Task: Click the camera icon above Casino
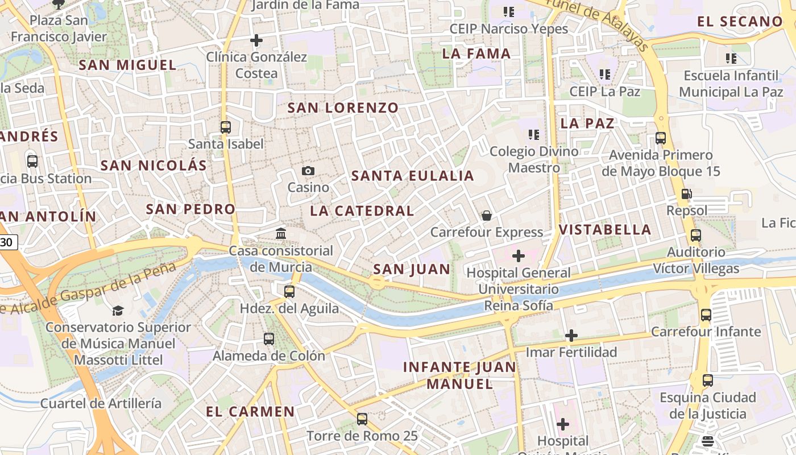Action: click(308, 171)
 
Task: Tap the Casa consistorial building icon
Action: click(280, 233)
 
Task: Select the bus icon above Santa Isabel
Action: click(226, 127)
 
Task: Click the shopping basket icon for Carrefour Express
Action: click(487, 215)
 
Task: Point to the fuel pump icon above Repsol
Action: click(687, 194)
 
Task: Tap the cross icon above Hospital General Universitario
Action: click(519, 256)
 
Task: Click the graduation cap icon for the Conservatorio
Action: click(118, 311)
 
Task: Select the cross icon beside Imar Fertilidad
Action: click(571, 336)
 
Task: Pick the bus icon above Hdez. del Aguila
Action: click(289, 292)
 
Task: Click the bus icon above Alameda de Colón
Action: click(269, 339)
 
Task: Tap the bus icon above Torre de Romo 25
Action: click(362, 419)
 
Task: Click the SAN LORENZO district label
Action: click(343, 107)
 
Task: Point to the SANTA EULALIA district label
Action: click(413, 176)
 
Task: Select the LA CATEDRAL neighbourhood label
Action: click(362, 211)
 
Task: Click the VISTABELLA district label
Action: click(605, 230)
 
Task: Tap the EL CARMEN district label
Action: click(250, 412)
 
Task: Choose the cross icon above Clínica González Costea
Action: click(256, 40)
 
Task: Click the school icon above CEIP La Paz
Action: click(605, 75)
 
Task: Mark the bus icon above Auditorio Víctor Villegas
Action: click(696, 235)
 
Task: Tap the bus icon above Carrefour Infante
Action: click(706, 315)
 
